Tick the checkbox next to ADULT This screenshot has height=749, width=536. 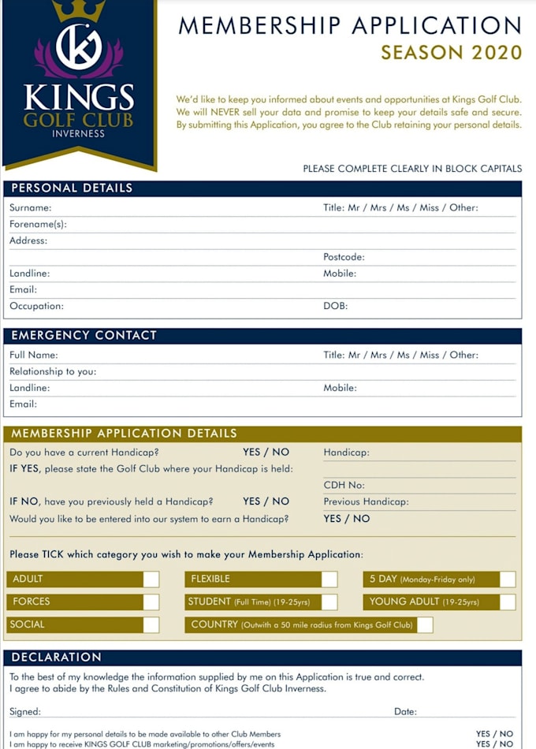[151, 579]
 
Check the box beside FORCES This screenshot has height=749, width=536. [151, 602]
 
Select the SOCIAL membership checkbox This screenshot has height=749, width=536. [151, 625]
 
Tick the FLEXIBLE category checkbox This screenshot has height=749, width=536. [329, 579]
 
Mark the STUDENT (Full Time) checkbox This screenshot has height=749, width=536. [329, 602]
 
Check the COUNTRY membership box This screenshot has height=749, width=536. [425, 625]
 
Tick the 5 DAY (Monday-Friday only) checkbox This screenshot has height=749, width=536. [508, 579]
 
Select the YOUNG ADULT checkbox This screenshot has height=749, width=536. [508, 602]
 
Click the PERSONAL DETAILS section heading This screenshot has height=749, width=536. [72, 188]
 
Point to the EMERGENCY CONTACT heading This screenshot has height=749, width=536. [84, 335]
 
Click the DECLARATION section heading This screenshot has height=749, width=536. [57, 658]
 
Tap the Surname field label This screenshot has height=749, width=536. [30, 208]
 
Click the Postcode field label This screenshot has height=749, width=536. [344, 257]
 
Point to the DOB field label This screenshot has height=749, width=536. [335, 306]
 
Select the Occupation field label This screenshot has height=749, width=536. [36, 306]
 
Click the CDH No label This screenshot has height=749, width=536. [344, 486]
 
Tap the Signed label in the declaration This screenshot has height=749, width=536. [25, 712]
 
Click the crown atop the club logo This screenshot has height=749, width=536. [78, 9]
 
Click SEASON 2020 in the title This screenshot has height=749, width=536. [451, 53]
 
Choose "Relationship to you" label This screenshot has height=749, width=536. [53, 371]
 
